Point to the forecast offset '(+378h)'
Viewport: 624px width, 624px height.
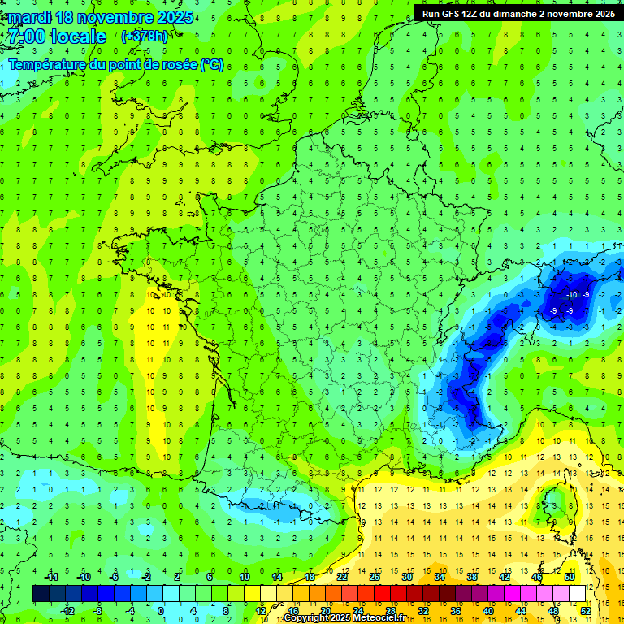[145, 36]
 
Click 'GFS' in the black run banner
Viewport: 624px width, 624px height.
[450, 14]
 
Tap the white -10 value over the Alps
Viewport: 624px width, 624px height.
[572, 294]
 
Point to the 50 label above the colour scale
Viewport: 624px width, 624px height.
[570, 577]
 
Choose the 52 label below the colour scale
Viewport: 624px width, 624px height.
[586, 610]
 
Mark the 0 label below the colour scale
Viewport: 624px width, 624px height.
[160, 610]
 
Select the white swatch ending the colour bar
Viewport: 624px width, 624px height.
[578, 593]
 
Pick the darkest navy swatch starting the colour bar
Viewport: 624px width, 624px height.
[41, 593]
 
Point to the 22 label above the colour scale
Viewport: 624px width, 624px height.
[342, 577]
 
